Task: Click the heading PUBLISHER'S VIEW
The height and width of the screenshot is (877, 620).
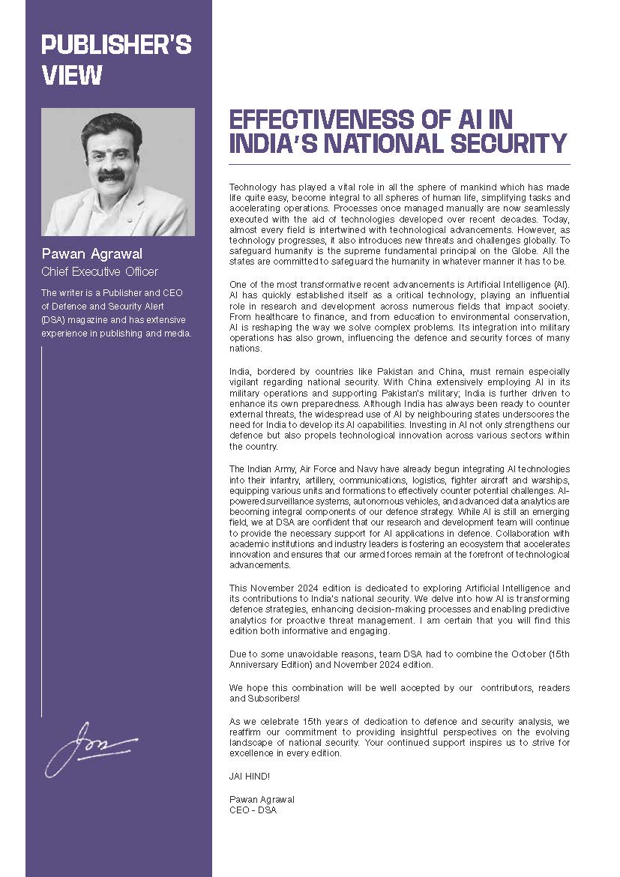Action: pos(116,60)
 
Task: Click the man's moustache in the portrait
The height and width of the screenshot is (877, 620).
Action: pos(111,175)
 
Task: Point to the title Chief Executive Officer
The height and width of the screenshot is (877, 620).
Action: pos(100,271)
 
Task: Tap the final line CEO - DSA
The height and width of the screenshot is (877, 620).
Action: pos(253,810)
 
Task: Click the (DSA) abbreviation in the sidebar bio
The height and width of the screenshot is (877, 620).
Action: pos(55,319)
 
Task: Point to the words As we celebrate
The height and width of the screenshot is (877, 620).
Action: pos(267,721)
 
